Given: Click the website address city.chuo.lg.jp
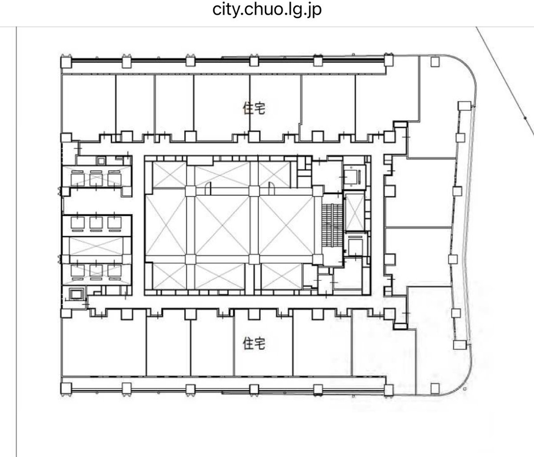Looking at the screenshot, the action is pos(267,10).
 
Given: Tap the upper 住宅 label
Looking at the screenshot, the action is pos(254,108).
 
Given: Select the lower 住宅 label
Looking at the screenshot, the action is pos(254,344).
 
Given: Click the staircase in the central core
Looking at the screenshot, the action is pos(332,225).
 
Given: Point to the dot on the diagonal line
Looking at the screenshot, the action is pos(525,118).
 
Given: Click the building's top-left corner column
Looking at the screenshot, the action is pos(66,62).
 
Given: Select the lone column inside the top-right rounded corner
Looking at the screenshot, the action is pos(435,62).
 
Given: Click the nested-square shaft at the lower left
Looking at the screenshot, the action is pos(76,294).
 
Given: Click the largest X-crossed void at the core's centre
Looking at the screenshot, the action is pos(222,226).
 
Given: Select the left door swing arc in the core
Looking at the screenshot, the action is pos(208,188).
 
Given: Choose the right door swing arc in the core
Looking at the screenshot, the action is pos(271,188).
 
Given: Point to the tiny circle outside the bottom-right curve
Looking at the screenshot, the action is pos(465,388).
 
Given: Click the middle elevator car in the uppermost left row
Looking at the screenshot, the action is pos(96,179).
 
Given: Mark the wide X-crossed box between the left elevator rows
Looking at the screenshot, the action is pos(96,246).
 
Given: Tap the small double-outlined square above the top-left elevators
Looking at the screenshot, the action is pos(101,161).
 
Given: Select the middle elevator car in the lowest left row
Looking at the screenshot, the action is pos(96,271).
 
